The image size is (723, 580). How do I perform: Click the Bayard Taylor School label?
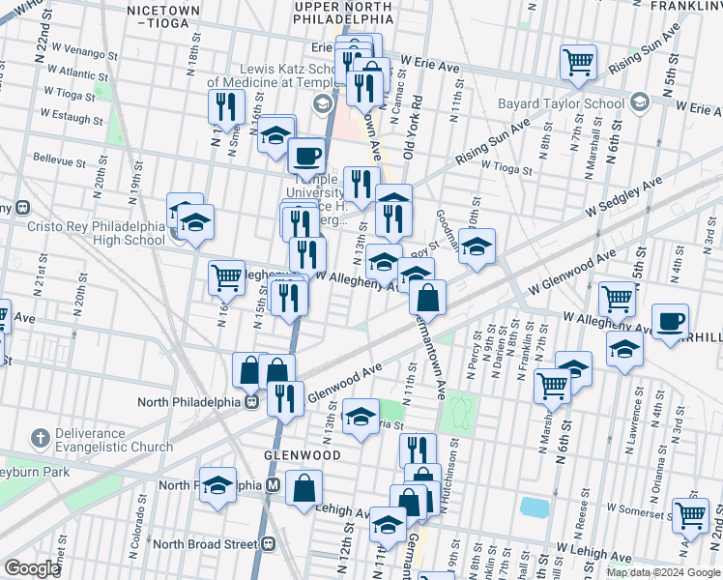(x=561, y=103)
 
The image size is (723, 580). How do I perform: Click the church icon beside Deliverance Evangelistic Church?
(x=41, y=440)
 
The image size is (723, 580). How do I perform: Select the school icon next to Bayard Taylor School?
(x=639, y=102)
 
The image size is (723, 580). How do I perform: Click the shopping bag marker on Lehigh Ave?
(x=304, y=488)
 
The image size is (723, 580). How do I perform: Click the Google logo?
(x=33, y=568)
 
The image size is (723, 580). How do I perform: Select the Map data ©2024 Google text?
(x=662, y=571)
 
